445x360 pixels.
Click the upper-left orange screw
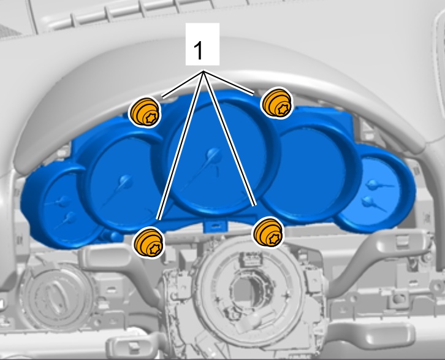pos(145,112)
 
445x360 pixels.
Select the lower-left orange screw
pos(149,243)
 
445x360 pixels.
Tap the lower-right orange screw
pos(268,232)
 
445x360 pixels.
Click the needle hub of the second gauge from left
pos(125,181)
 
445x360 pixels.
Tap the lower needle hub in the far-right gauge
pos(368,201)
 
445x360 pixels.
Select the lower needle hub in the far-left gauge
pos(70,218)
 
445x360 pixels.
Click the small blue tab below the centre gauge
pos(215,226)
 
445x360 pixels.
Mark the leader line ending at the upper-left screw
pos(183,84)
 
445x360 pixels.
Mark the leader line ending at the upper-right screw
pos(229,83)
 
